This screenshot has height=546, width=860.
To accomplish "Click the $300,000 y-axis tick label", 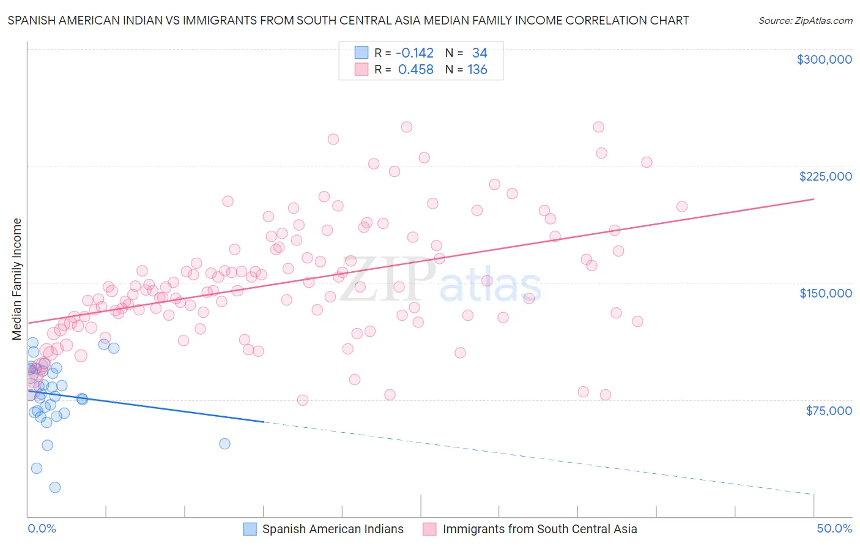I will pos(824,59).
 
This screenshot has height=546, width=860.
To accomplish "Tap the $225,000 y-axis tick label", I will pos(825,176).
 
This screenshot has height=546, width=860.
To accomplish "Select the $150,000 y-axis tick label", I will pos(825,293).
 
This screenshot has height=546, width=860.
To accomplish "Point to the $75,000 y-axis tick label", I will pos(829,410).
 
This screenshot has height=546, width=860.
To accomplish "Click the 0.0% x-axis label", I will pos(42,529).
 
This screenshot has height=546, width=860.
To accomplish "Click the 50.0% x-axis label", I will pos(834,529).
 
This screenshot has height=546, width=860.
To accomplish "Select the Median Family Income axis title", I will pos(17,279).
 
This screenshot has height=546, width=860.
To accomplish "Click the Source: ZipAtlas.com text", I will pos(805,21).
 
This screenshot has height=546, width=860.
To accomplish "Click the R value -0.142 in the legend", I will pos(415,53).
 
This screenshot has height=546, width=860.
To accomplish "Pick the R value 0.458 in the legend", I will pos(415,70).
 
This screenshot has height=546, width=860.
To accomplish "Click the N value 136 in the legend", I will pos(477,70).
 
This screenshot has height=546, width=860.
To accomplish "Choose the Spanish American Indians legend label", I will pos(333,529).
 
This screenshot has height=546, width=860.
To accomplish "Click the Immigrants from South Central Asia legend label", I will pos(539,529).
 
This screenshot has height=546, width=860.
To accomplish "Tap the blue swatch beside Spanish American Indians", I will pos(250,529).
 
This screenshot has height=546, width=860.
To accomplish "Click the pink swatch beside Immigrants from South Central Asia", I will pos(430,529).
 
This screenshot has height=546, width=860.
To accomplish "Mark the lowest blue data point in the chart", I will pos(55,487).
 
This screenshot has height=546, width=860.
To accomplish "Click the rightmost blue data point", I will pos(224,444).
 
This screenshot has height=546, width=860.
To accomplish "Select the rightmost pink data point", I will pos(681,207).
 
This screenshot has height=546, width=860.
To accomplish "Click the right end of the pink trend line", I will pos(814,199).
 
